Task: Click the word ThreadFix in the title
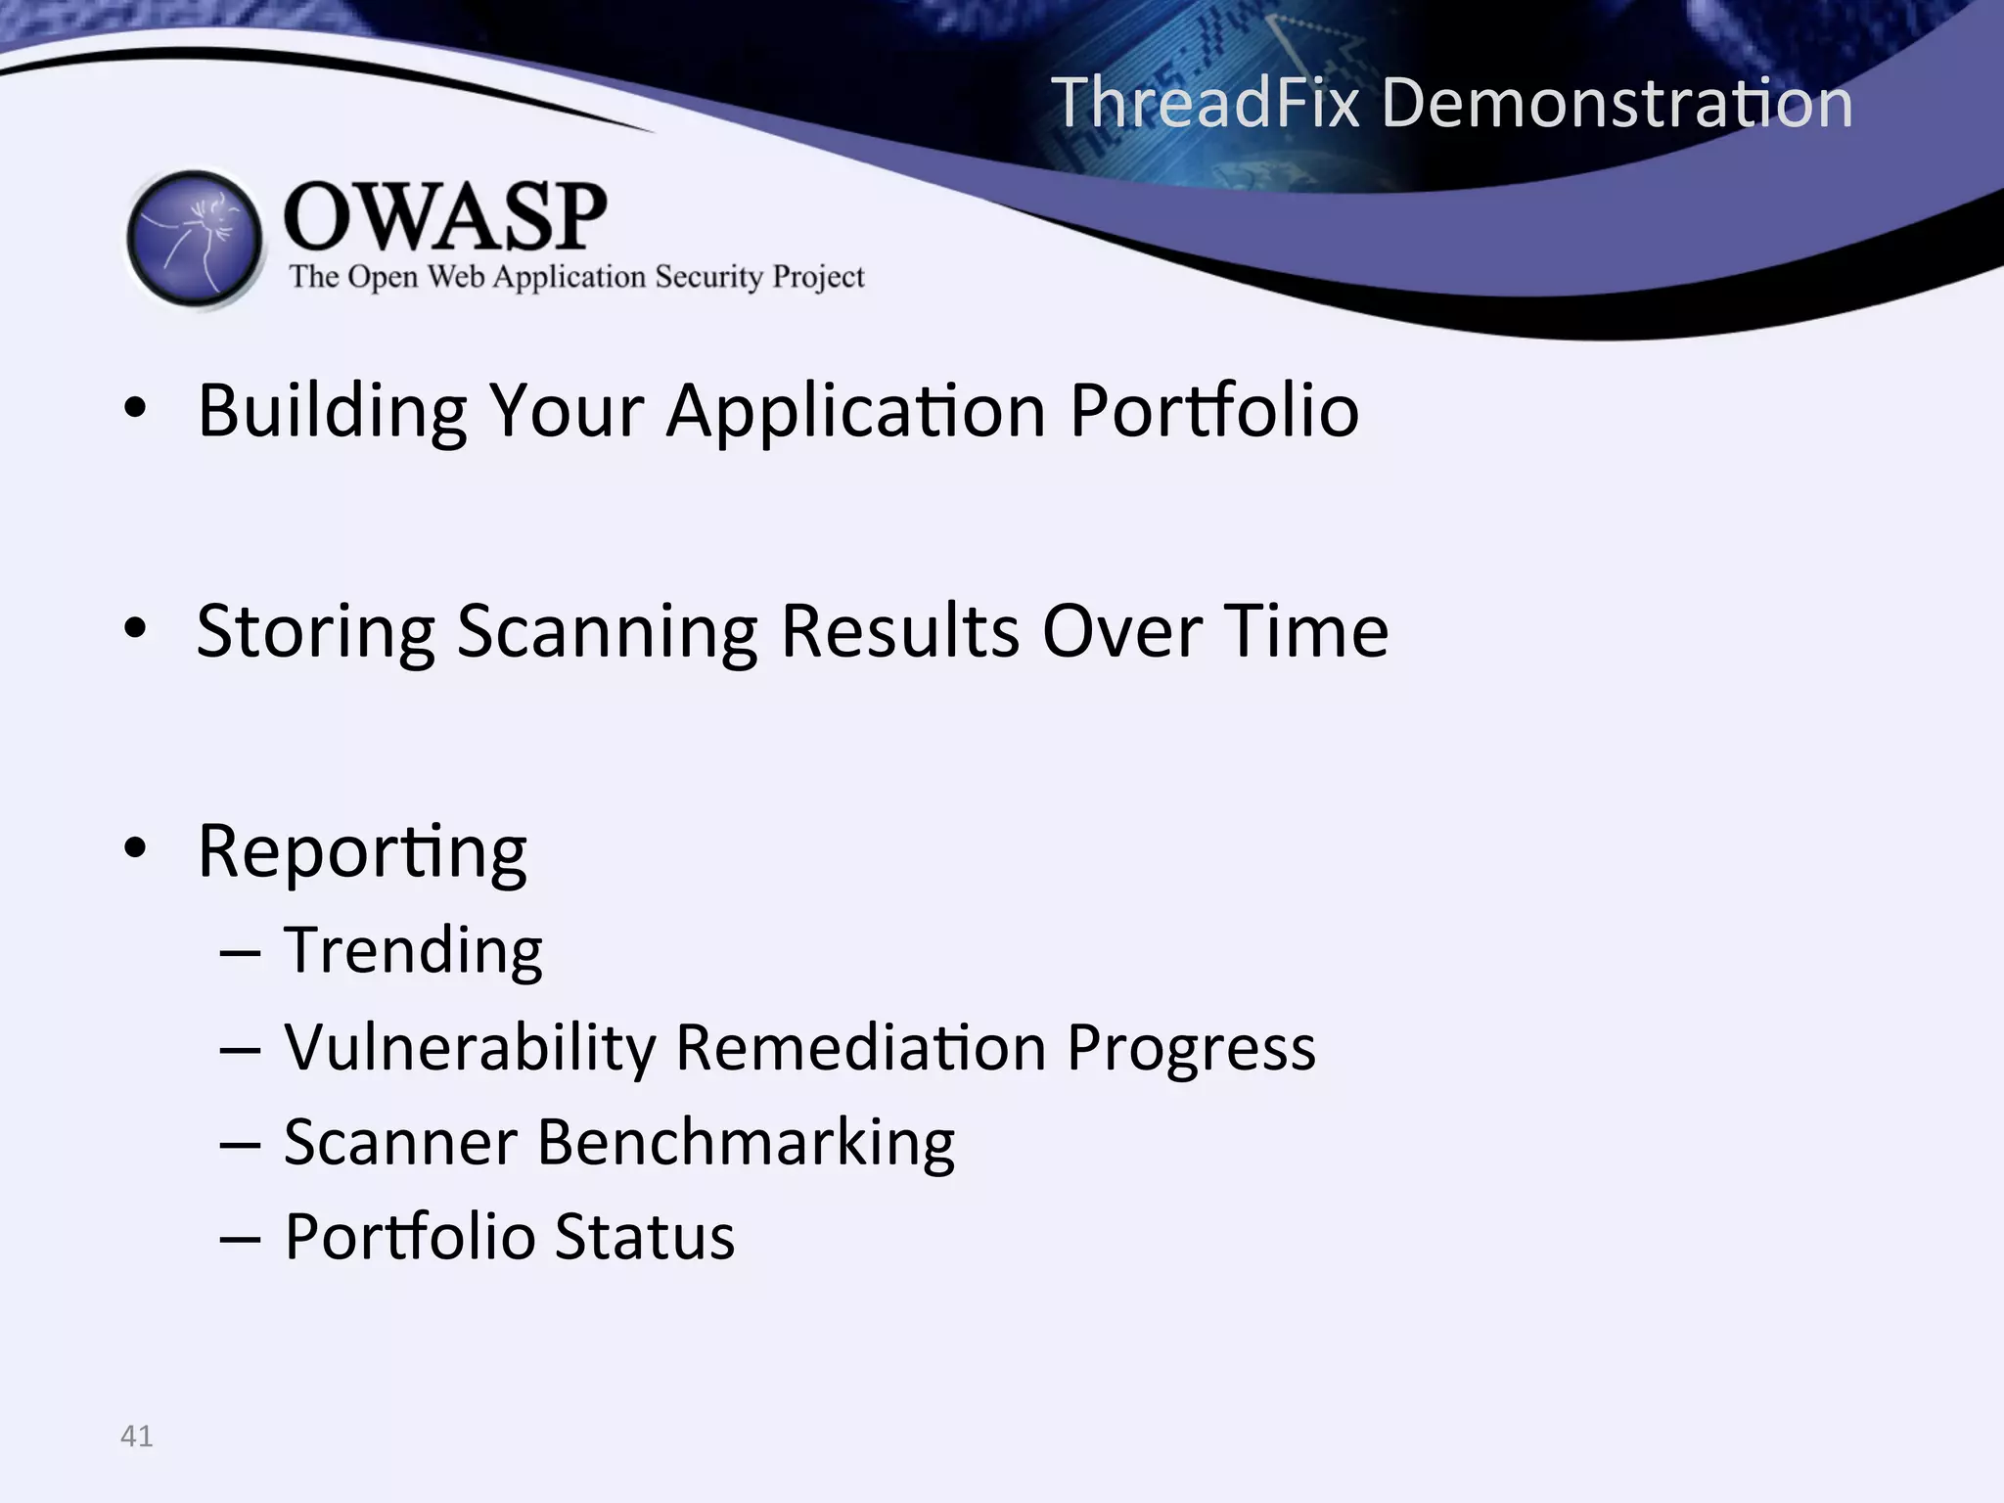pyautogui.click(x=1206, y=102)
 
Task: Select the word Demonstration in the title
pyautogui.click(x=1617, y=102)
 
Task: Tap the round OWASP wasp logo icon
pyautogui.click(x=195, y=239)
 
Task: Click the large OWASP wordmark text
pyautogui.click(x=445, y=216)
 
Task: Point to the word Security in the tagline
pyautogui.click(x=708, y=277)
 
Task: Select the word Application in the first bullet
pyautogui.click(x=856, y=411)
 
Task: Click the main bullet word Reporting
pyautogui.click(x=362, y=851)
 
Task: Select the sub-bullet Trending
pyautogui.click(x=413, y=950)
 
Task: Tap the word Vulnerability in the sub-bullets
pyautogui.click(x=470, y=1048)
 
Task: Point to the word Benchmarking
pyautogui.click(x=746, y=1142)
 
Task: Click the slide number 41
pyautogui.click(x=136, y=1436)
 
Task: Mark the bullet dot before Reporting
pyautogui.click(x=136, y=848)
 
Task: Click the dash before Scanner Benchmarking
pyautogui.click(x=240, y=1144)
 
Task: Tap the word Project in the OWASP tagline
pyautogui.click(x=818, y=277)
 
